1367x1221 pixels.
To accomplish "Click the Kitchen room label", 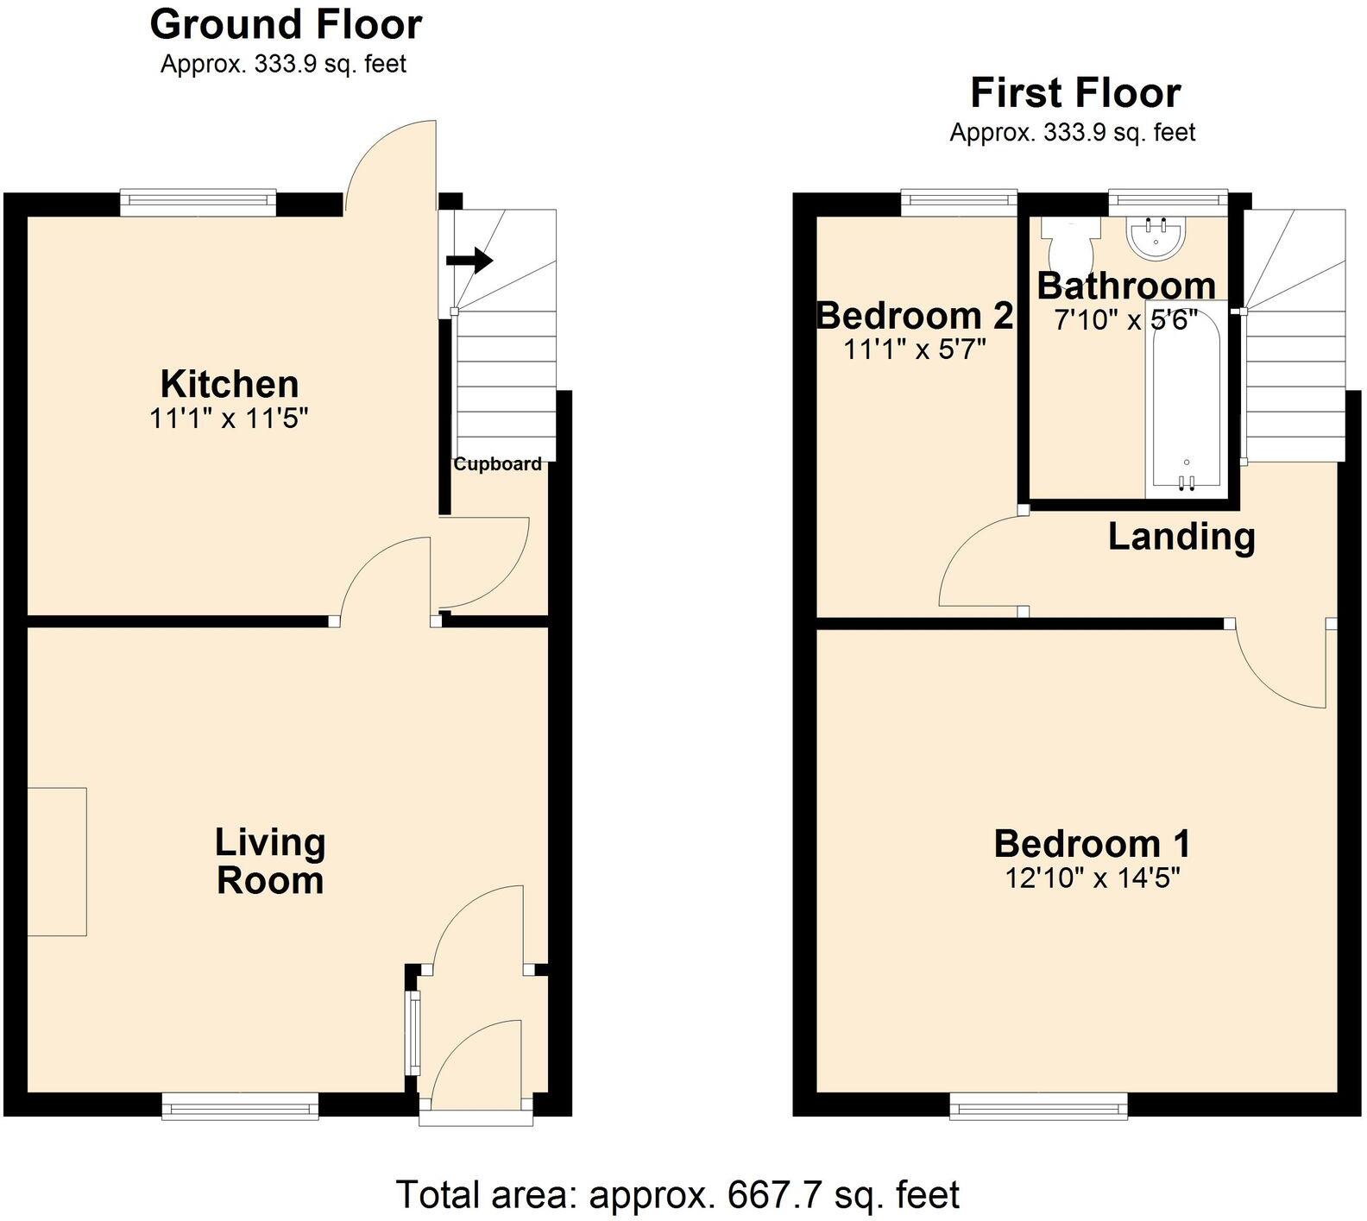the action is pyautogui.click(x=230, y=384).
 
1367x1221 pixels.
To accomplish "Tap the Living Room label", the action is pyautogui.click(x=270, y=861).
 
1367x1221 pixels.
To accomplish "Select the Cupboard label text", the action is pyautogui.click(x=498, y=464).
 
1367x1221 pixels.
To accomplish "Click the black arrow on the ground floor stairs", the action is pyautogui.click(x=469, y=259).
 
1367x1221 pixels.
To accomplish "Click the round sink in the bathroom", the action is pyautogui.click(x=1161, y=236).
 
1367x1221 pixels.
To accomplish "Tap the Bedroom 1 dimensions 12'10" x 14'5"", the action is pyautogui.click(x=1092, y=878).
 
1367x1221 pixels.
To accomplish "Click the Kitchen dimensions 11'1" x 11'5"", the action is pyautogui.click(x=229, y=419).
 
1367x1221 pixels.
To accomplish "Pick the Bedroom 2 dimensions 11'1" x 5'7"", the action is pyautogui.click(x=915, y=349).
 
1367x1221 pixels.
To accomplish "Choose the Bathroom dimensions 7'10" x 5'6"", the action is pyautogui.click(x=1126, y=320).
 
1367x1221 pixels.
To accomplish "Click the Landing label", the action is pyautogui.click(x=1181, y=537).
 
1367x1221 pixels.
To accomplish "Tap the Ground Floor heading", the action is pyautogui.click(x=286, y=24).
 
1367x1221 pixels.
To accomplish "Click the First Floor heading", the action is pyautogui.click(x=1075, y=92).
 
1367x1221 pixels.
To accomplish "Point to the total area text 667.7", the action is pyautogui.click(x=767, y=1195).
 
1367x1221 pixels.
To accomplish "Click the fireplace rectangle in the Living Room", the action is pyautogui.click(x=57, y=861).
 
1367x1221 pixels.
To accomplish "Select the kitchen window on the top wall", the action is pyautogui.click(x=198, y=202).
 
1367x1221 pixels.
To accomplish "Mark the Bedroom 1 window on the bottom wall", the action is pyautogui.click(x=1039, y=1105).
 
